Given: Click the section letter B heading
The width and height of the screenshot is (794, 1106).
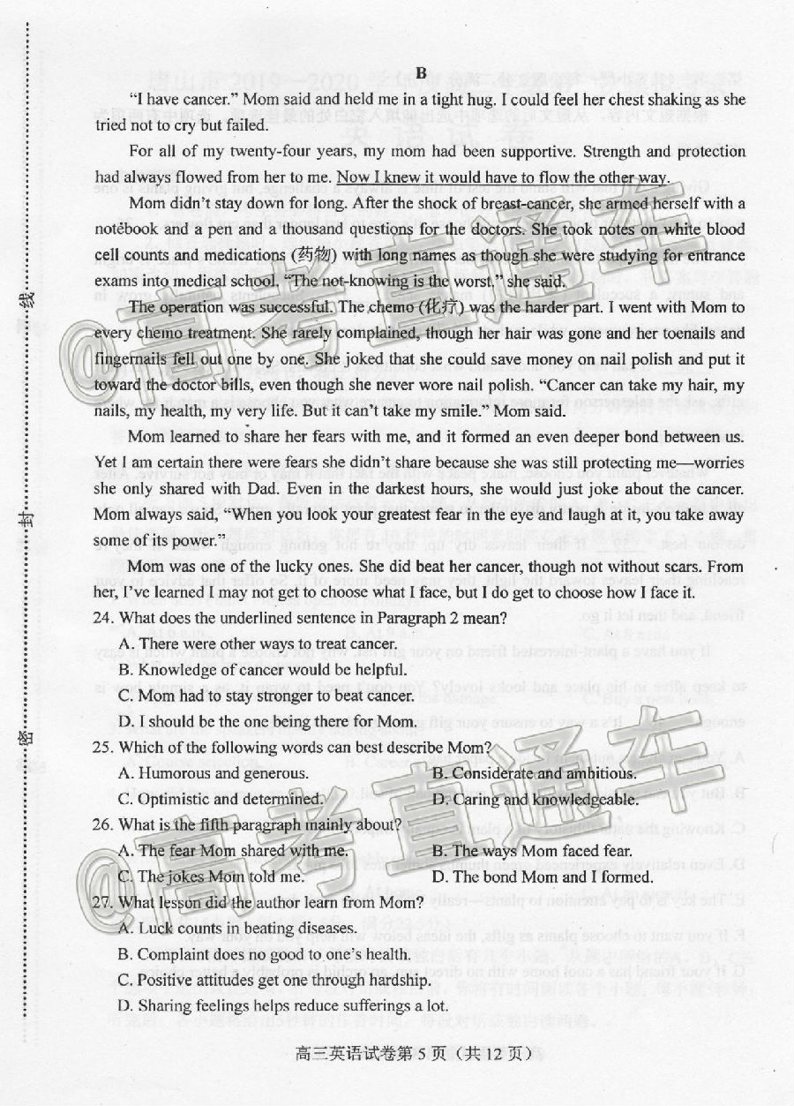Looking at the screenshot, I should pos(421,72).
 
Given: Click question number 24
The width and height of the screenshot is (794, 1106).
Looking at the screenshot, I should pos(106,619).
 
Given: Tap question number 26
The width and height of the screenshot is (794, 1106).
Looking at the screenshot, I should pos(106,825).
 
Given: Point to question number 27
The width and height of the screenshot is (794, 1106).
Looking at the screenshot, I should pos(106,902).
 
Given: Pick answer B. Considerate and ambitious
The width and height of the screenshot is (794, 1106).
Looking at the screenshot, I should pos(534,774).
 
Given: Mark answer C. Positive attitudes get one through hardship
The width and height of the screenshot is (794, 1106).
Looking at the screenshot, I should pos(274,980).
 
